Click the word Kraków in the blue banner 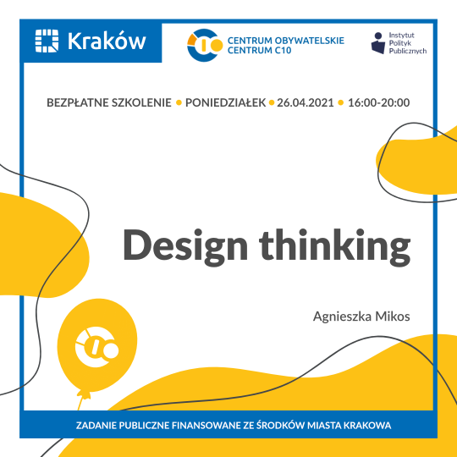tap(106, 40)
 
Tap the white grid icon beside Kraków tap(47, 40)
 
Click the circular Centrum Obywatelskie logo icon tap(204, 45)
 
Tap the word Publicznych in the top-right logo tap(407, 51)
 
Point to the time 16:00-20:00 tap(378, 103)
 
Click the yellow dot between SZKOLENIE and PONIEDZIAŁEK tap(179, 103)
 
